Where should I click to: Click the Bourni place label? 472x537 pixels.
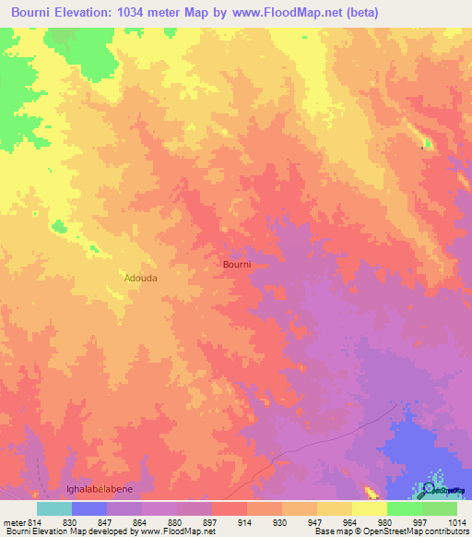[237, 264]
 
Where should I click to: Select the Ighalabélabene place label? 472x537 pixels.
[100, 489]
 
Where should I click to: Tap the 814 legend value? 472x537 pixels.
[35, 522]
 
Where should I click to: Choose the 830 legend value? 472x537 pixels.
[70, 522]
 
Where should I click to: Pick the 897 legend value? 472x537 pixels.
[210, 522]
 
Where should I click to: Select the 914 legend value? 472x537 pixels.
[245, 522]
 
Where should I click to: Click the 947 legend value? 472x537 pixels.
[315, 522]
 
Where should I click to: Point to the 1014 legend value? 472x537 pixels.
[455, 522]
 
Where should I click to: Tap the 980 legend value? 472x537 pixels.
[385, 522]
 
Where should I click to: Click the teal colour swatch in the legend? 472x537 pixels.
[54, 508]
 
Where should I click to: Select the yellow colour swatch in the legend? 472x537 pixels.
[370, 508]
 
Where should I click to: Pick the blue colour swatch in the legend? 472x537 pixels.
[89, 508]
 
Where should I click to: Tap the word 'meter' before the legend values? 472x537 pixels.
[12, 522]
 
